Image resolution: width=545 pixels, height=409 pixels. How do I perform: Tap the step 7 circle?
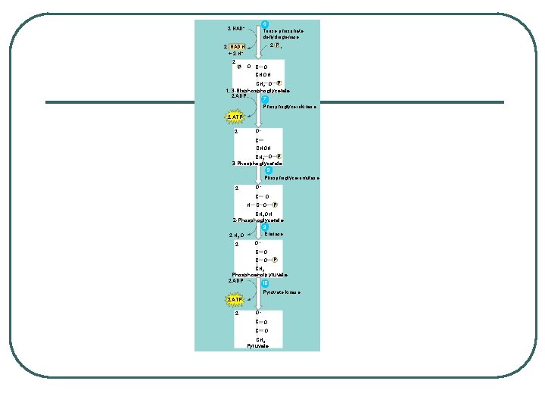[264, 99]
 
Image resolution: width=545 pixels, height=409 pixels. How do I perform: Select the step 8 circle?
[258, 170]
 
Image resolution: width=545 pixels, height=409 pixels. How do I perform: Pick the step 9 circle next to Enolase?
[264, 227]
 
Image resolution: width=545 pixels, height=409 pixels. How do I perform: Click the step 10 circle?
[264, 284]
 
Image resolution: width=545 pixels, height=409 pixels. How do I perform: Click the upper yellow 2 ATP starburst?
[234, 117]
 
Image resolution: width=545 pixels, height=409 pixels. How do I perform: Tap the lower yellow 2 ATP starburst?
[235, 300]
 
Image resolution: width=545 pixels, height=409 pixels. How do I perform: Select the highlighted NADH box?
[237, 47]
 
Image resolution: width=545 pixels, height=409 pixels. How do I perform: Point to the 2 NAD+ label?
[236, 29]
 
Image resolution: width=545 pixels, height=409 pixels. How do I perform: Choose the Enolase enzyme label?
[274, 234]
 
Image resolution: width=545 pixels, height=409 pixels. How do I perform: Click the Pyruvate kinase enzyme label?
[282, 292]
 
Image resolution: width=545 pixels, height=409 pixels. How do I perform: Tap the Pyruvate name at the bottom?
[257, 345]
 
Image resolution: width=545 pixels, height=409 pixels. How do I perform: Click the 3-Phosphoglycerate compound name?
[257, 163]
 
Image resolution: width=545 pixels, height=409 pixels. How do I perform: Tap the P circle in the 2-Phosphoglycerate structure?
[275, 204]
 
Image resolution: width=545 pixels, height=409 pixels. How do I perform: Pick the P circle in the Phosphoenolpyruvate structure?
[275, 260]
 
